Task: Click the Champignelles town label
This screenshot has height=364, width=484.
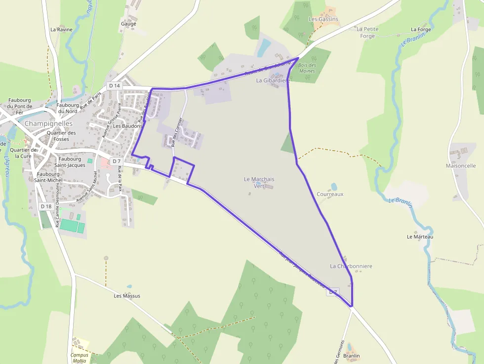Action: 48,123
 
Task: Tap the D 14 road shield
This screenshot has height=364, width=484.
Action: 115,85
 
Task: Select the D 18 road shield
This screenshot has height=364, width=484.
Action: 46,206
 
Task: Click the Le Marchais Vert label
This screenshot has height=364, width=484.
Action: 259,182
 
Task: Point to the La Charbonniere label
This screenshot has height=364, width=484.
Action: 351,266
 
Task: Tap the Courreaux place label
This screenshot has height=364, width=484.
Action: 330,194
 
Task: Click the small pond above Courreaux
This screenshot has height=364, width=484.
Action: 334,186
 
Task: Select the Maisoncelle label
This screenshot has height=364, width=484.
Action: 460,166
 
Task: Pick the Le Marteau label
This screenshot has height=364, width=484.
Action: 420,237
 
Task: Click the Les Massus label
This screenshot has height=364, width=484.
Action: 127,296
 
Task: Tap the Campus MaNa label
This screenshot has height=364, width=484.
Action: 80,358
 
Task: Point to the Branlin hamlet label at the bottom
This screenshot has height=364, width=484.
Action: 351,356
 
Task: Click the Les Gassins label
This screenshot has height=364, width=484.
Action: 323,19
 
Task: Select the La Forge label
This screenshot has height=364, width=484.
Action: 421,30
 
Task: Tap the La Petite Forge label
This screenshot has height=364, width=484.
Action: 367,32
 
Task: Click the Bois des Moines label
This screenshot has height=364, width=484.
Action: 307,68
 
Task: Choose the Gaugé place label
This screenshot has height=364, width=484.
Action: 128,23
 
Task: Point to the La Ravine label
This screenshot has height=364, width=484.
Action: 61,30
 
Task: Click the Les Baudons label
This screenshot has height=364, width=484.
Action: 127,126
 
